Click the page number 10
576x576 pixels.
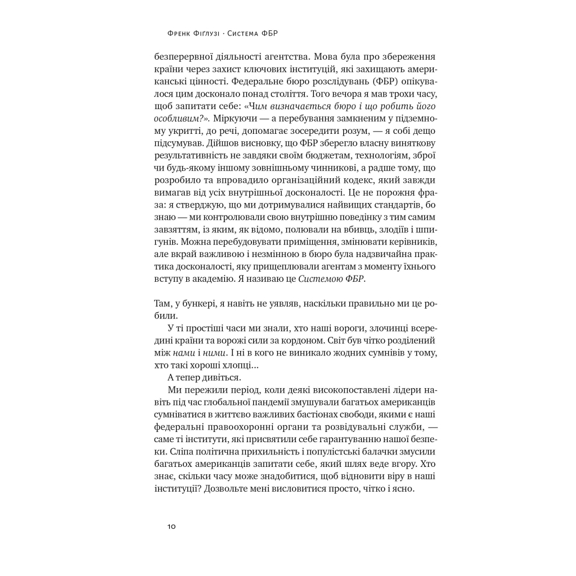point(172,526)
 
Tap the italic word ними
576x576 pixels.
point(214,353)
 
